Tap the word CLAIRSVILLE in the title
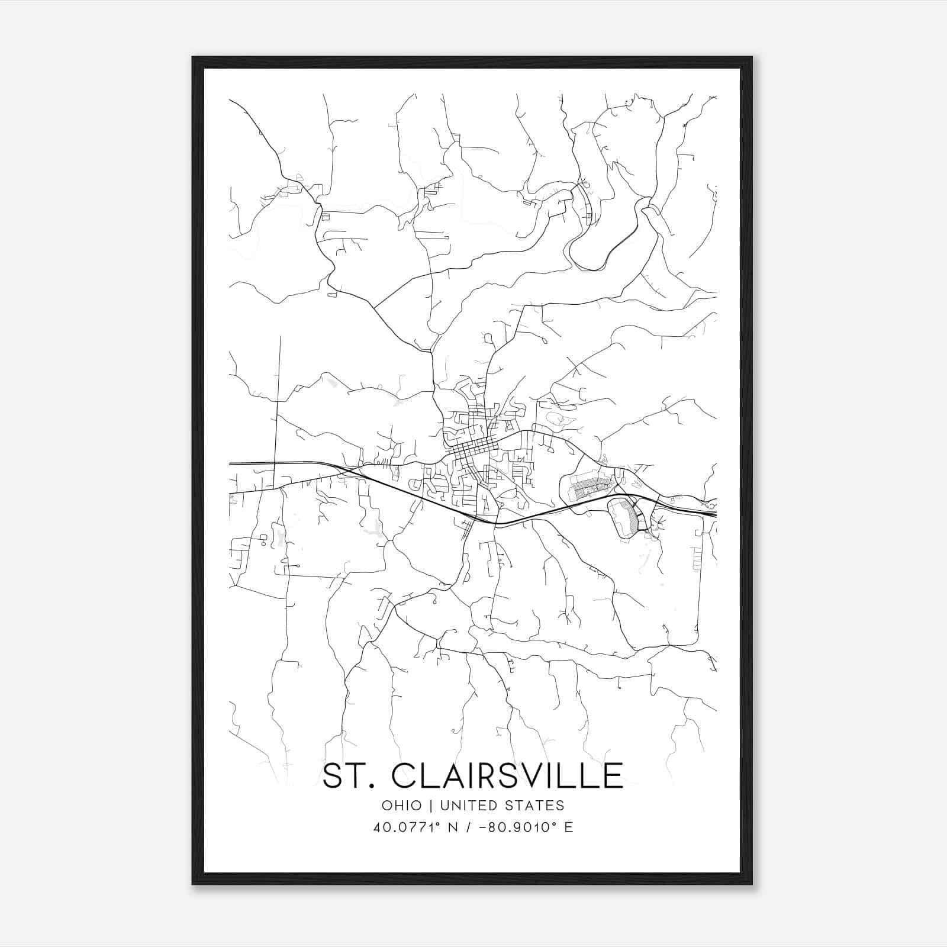pos(507,776)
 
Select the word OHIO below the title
pos(402,806)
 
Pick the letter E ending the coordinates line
pos(569,827)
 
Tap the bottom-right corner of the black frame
pos(751,884)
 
